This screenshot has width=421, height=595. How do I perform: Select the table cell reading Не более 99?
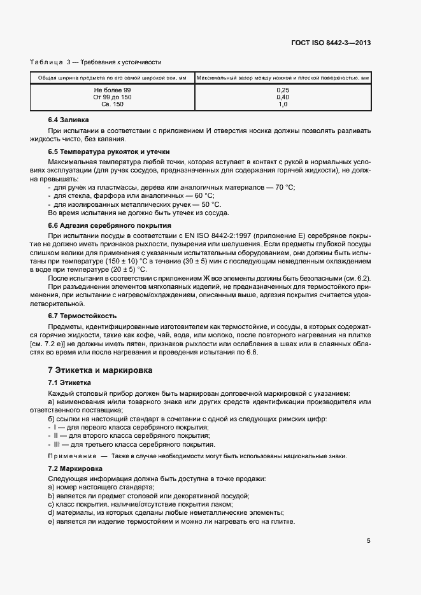point(111,90)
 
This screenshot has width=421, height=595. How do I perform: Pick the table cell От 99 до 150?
point(111,97)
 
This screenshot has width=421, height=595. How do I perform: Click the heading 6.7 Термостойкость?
point(82,316)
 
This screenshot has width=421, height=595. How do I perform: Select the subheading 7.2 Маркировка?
point(73,468)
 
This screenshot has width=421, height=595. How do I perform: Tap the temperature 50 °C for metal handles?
point(211,204)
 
